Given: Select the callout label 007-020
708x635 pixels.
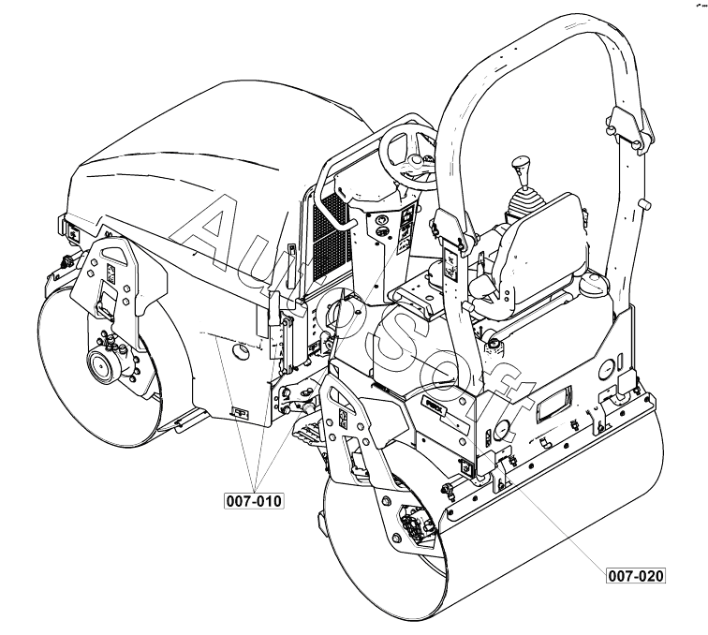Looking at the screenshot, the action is [x=636, y=575].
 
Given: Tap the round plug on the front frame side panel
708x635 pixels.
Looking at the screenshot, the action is [x=242, y=352].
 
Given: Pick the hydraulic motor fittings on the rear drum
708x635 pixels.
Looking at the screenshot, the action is [x=415, y=523].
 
